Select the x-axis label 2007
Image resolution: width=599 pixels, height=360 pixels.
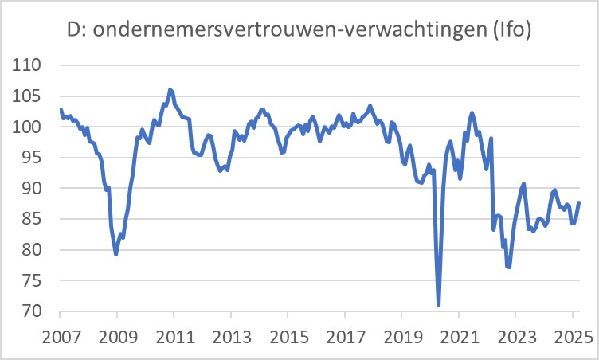[61, 335]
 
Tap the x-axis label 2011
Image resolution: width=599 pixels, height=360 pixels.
[174, 335]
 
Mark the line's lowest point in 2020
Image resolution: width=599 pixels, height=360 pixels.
[439, 305]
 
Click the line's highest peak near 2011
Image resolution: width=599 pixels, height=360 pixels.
[170, 89]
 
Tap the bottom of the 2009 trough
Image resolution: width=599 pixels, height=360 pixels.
[116, 254]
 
